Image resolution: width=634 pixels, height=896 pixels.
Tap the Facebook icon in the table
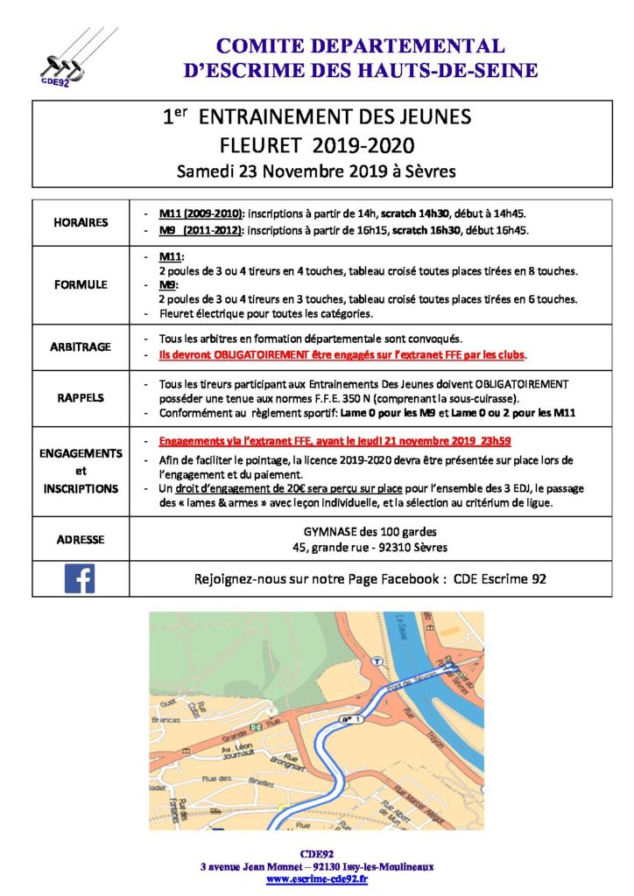(x=80, y=578)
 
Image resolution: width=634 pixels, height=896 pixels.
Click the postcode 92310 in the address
(x=385, y=548)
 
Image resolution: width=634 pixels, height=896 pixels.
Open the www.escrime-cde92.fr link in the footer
(x=317, y=878)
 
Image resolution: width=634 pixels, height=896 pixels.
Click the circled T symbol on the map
(x=378, y=661)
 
